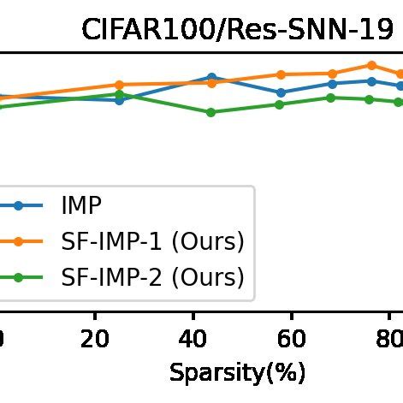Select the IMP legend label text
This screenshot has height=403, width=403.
(82, 205)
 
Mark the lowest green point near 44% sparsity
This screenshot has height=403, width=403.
(211, 112)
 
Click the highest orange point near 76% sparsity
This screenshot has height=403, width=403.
(371, 65)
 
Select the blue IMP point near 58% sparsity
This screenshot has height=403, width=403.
(281, 92)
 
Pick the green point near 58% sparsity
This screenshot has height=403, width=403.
(281, 104)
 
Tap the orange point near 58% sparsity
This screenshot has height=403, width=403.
(281, 74)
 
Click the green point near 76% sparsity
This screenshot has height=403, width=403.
(370, 99)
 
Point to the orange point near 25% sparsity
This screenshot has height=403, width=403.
(119, 85)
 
